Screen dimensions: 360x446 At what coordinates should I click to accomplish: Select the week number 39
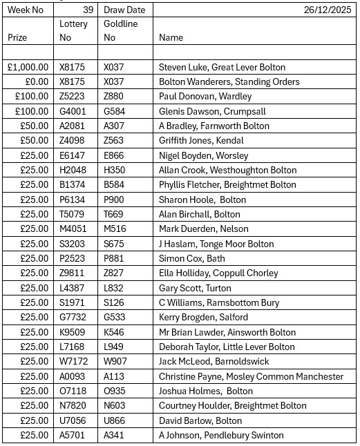click(x=88, y=10)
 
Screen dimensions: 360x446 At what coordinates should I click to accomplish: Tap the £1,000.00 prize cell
click(x=28, y=67)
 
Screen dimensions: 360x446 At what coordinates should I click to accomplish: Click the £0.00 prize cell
click(x=35, y=81)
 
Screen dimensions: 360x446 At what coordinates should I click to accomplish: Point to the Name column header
click(x=171, y=38)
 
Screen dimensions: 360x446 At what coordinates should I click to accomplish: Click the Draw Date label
click(x=124, y=10)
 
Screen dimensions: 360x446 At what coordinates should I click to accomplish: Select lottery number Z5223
click(x=73, y=97)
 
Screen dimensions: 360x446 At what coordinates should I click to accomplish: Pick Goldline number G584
click(x=114, y=111)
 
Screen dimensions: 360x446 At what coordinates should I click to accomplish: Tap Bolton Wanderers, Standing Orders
click(x=229, y=81)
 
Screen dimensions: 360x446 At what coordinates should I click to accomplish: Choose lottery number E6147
click(x=73, y=155)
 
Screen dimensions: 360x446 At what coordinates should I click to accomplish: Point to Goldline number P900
click(x=114, y=200)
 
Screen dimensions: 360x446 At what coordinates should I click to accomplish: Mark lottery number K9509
click(x=73, y=332)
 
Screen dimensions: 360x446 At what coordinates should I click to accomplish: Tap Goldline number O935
click(x=115, y=391)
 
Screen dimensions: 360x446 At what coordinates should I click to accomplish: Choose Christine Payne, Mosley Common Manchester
click(x=251, y=376)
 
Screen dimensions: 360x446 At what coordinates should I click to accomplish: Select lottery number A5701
click(x=73, y=435)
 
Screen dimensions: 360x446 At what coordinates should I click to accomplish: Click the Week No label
click(x=25, y=10)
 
